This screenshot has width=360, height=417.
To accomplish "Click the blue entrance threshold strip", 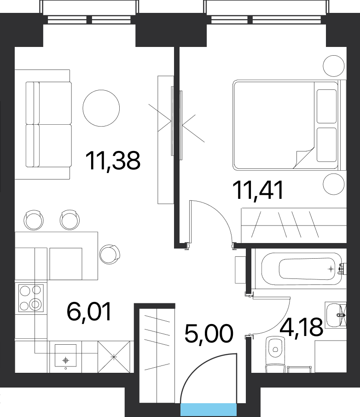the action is coord(208,409).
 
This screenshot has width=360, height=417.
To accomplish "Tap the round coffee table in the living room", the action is coord(101,108).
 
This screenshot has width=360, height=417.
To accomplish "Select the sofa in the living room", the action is coord(48,124).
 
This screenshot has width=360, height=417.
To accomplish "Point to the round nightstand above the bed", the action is coord(333,66).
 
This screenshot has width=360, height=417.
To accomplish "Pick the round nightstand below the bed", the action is coord(333,185).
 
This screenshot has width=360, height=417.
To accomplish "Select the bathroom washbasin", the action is coord(335,315).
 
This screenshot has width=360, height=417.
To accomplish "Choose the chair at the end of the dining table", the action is coord(110,254).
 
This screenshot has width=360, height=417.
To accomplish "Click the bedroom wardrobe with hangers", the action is coord(293,225).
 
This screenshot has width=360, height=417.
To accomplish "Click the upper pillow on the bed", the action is coord(326,106).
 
